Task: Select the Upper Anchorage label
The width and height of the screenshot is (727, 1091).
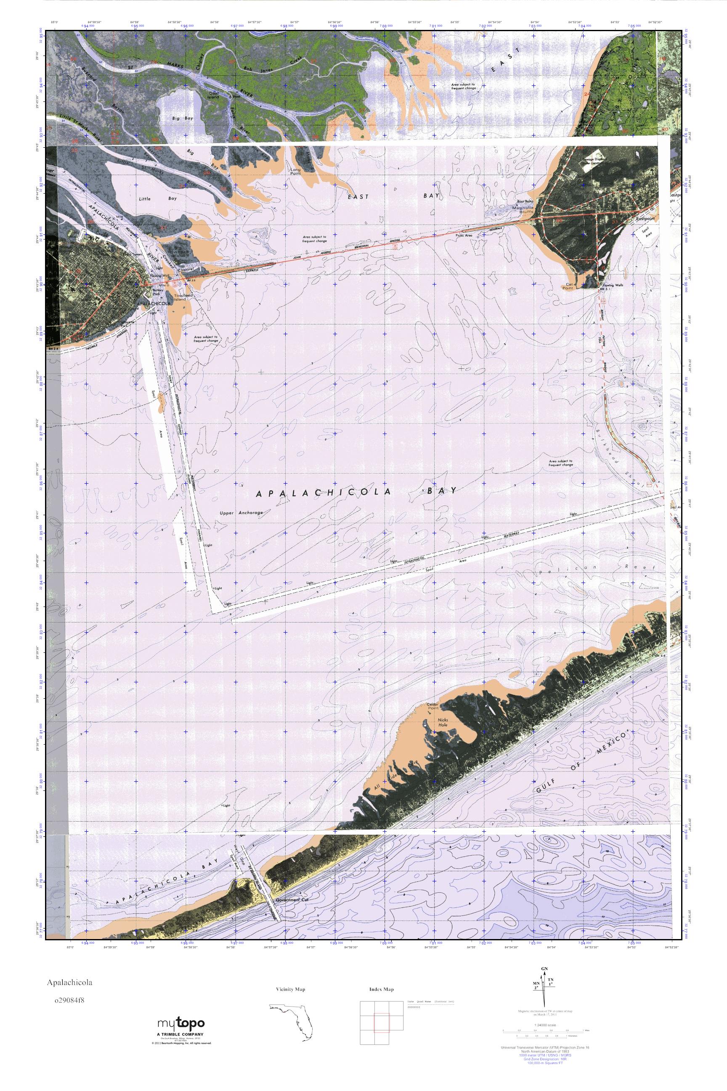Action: pos(241,513)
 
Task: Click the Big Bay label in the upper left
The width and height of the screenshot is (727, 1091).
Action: pos(182,118)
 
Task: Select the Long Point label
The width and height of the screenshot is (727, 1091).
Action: pos(295,171)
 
